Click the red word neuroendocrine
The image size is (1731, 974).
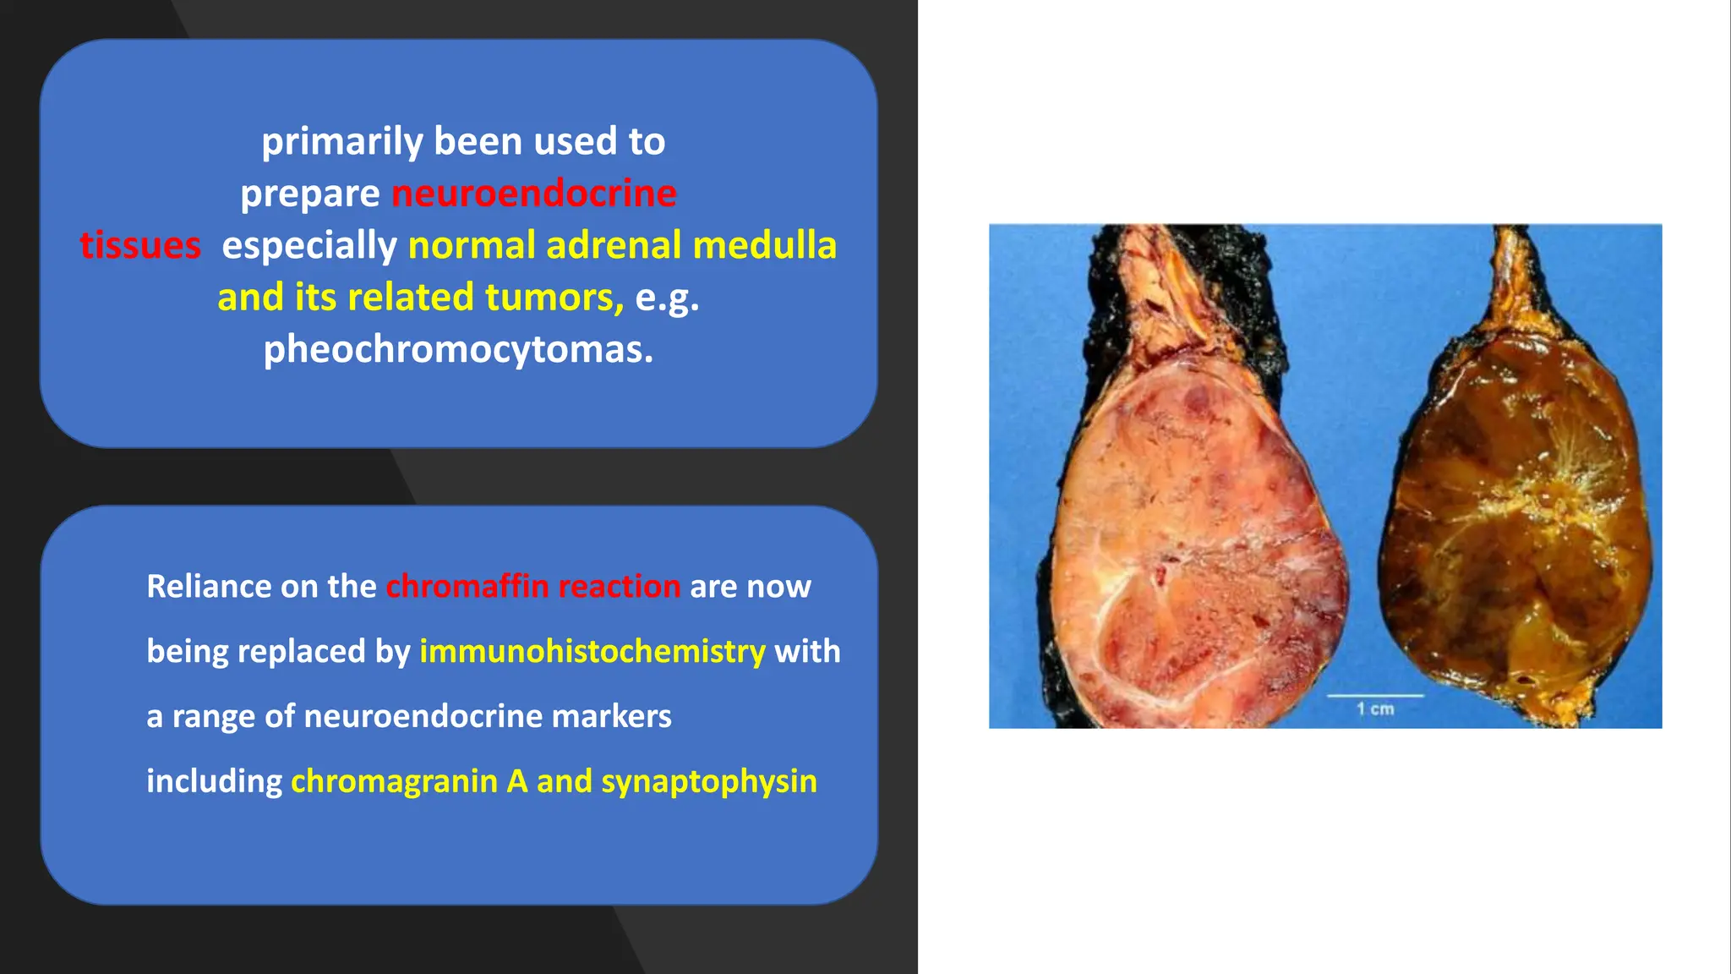pyautogui.click(x=534, y=194)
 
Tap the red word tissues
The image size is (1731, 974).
pyautogui.click(x=140, y=246)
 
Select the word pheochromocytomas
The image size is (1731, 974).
pyautogui.click(x=458, y=349)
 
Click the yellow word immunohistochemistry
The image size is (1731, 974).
pyautogui.click(x=592, y=651)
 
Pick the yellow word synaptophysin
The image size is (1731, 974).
pyautogui.click(x=709, y=781)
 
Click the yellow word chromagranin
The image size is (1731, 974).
pyautogui.click(x=394, y=781)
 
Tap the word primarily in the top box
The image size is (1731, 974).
pyautogui.click(x=341, y=142)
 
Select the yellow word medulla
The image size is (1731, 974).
pyautogui.click(x=764, y=245)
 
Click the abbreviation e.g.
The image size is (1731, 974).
pyautogui.click(x=667, y=298)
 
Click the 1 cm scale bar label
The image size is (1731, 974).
pyautogui.click(x=1375, y=709)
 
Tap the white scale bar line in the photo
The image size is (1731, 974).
pyautogui.click(x=1375, y=696)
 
